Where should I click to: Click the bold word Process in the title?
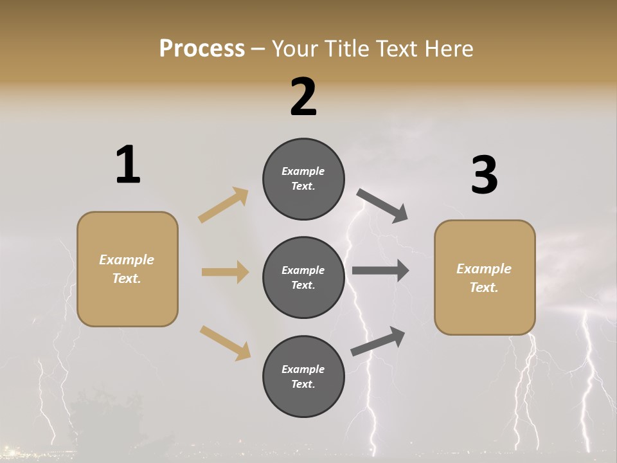(202, 49)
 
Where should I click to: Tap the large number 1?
(128, 165)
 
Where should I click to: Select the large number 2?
(303, 96)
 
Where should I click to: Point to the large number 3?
(484, 175)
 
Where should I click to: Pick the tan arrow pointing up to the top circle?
(224, 205)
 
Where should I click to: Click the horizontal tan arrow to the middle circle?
(225, 272)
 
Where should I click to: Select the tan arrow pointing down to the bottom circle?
(225, 343)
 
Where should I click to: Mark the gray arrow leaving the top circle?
(382, 206)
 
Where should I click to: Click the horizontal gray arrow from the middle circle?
(380, 271)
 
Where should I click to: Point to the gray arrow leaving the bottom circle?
(378, 341)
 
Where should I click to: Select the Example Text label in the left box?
(127, 269)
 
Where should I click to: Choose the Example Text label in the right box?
(484, 278)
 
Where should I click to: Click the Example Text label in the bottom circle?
(303, 377)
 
